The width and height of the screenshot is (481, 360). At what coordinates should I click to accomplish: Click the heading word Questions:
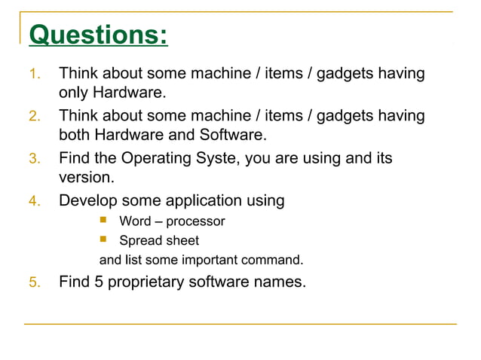coord(98,35)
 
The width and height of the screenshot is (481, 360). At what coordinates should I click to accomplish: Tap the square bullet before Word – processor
coord(104,221)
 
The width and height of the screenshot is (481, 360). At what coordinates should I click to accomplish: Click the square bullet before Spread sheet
coord(104,240)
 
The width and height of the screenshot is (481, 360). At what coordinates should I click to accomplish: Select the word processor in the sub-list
coord(195,221)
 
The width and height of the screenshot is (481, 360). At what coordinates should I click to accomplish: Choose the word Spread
coord(140,241)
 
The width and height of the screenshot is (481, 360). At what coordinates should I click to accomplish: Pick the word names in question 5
coord(281,283)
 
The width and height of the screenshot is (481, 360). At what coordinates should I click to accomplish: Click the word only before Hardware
coord(74,93)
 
